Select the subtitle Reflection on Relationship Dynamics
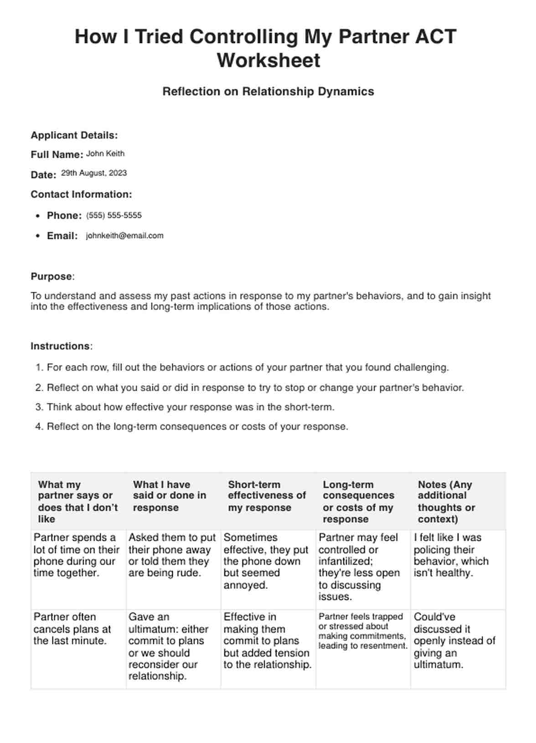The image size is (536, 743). [x=268, y=92]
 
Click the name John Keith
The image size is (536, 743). [x=105, y=154]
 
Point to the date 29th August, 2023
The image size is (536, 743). [x=94, y=173]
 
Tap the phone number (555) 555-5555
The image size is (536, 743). [x=114, y=215]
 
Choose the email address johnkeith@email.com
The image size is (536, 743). [x=124, y=236]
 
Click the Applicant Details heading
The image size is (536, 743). [x=74, y=135]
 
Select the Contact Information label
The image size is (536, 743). [x=81, y=195]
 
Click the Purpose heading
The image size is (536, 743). [x=52, y=277]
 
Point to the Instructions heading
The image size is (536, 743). [x=61, y=346]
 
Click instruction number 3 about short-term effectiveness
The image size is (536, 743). [x=191, y=407]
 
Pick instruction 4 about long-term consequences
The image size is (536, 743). [x=197, y=427]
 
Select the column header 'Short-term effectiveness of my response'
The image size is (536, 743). [x=267, y=496]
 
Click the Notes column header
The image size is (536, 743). [x=446, y=502]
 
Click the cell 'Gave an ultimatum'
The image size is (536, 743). [x=169, y=646]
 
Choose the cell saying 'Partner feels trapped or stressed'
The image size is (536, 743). [x=362, y=631]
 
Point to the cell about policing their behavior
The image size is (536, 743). [x=451, y=555]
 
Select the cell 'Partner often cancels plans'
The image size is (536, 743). [x=72, y=629]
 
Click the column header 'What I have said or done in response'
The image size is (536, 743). [x=170, y=496]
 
